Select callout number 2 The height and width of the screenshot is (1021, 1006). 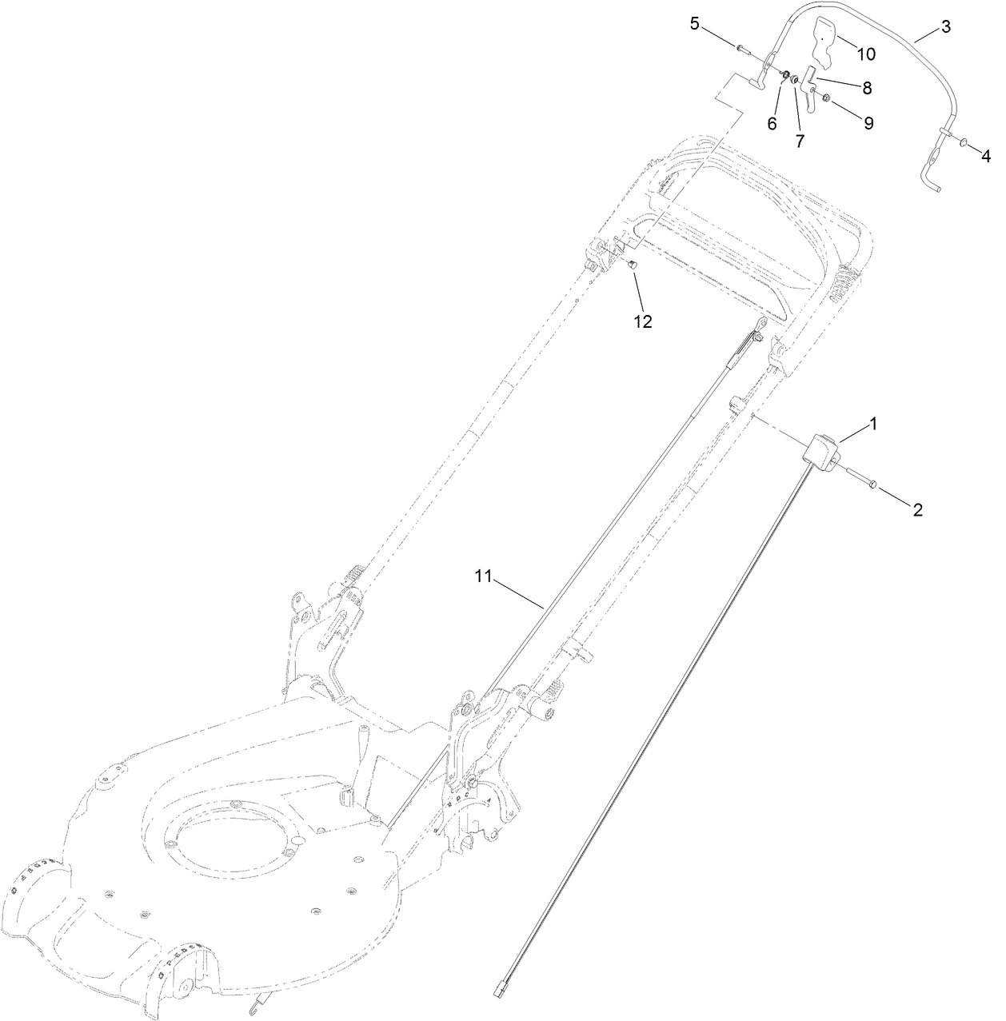[917, 509]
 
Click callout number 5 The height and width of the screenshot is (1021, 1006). [695, 23]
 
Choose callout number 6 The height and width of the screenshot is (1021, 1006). [772, 123]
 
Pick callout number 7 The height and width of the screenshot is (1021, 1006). [799, 141]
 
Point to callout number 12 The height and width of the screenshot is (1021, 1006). [643, 321]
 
